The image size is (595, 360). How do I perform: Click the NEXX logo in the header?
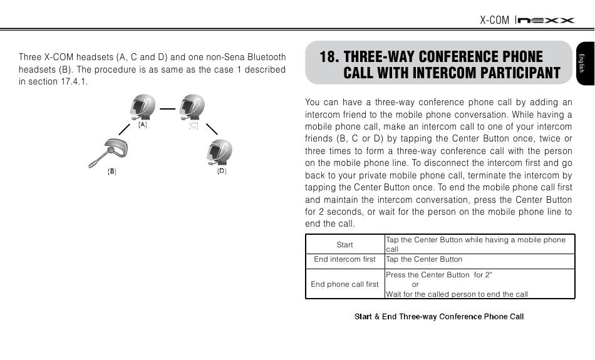coord(546,20)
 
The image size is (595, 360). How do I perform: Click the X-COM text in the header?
coord(494,20)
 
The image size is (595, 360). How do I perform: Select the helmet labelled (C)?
coord(192,106)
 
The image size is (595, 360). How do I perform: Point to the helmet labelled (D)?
coord(220,152)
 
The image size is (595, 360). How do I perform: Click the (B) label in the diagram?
coord(111,171)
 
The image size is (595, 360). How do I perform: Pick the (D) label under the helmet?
coord(222,171)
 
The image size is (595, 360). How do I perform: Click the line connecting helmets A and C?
coord(167,108)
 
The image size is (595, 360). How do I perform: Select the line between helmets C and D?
coord(211,128)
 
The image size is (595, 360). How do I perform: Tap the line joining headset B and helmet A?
coord(127,130)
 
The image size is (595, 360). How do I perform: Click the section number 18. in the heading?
coord(329,57)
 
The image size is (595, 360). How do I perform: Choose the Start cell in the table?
coord(344,245)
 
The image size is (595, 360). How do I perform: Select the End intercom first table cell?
coord(344,259)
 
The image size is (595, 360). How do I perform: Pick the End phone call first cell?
coord(344,284)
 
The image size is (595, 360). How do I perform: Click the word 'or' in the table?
coord(415,284)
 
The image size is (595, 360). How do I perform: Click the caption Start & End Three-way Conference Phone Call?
coord(439,316)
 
